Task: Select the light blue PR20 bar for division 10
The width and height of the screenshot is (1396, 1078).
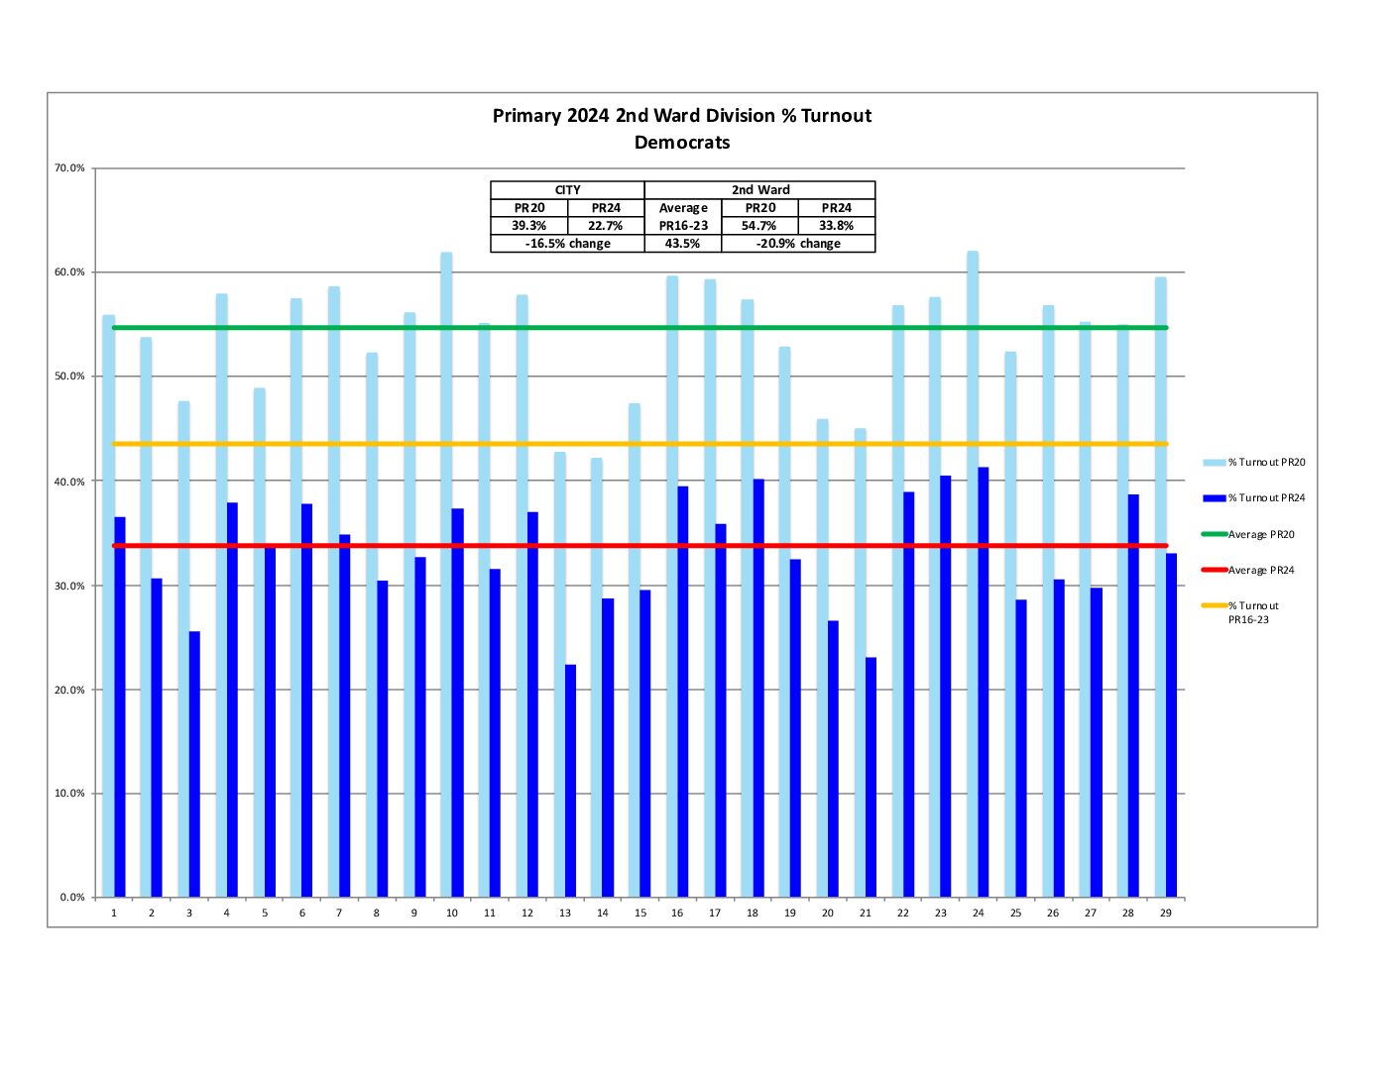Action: [446, 575]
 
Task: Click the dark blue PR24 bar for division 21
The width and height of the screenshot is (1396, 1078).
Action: [871, 778]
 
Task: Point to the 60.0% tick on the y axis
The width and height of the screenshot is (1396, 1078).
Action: [69, 272]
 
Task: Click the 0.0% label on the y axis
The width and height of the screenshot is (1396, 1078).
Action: [72, 898]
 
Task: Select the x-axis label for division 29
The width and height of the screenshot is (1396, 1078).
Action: [1165, 914]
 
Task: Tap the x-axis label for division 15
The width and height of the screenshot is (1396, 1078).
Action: [640, 914]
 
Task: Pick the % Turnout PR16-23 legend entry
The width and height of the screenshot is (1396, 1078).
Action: [1252, 612]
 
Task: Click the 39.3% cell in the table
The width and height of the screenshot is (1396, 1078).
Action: [528, 226]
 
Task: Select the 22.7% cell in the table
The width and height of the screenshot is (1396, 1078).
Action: [606, 226]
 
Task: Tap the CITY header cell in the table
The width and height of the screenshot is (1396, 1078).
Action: [567, 190]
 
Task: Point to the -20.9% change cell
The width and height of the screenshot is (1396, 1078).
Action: [798, 244]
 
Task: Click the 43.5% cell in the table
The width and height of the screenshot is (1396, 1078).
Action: [682, 244]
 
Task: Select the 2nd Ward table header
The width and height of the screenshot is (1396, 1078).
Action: [760, 190]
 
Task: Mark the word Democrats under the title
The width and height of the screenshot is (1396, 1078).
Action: [682, 143]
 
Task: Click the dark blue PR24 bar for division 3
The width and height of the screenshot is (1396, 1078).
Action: [194, 764]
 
